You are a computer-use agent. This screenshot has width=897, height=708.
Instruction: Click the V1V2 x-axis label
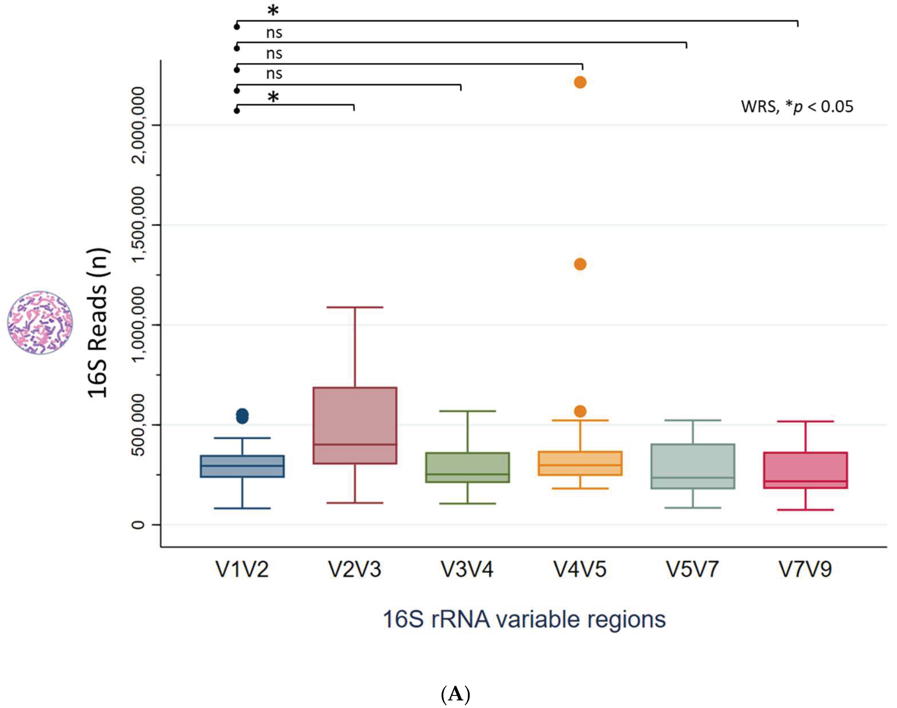[242, 569]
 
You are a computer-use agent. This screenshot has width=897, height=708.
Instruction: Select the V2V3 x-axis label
[355, 569]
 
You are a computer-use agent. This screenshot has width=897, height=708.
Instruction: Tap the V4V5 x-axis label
[580, 569]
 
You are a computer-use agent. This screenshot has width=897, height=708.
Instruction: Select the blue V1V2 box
[242, 466]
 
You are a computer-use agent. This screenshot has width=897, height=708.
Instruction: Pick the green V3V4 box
[467, 467]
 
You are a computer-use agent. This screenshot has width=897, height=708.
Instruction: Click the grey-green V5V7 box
[693, 466]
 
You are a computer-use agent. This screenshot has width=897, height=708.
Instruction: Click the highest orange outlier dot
[580, 82]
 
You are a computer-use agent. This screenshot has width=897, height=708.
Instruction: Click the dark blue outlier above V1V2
[242, 416]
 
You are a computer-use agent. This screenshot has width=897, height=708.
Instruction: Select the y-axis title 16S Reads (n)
[98, 323]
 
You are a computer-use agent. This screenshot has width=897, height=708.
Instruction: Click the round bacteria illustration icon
[40, 323]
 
